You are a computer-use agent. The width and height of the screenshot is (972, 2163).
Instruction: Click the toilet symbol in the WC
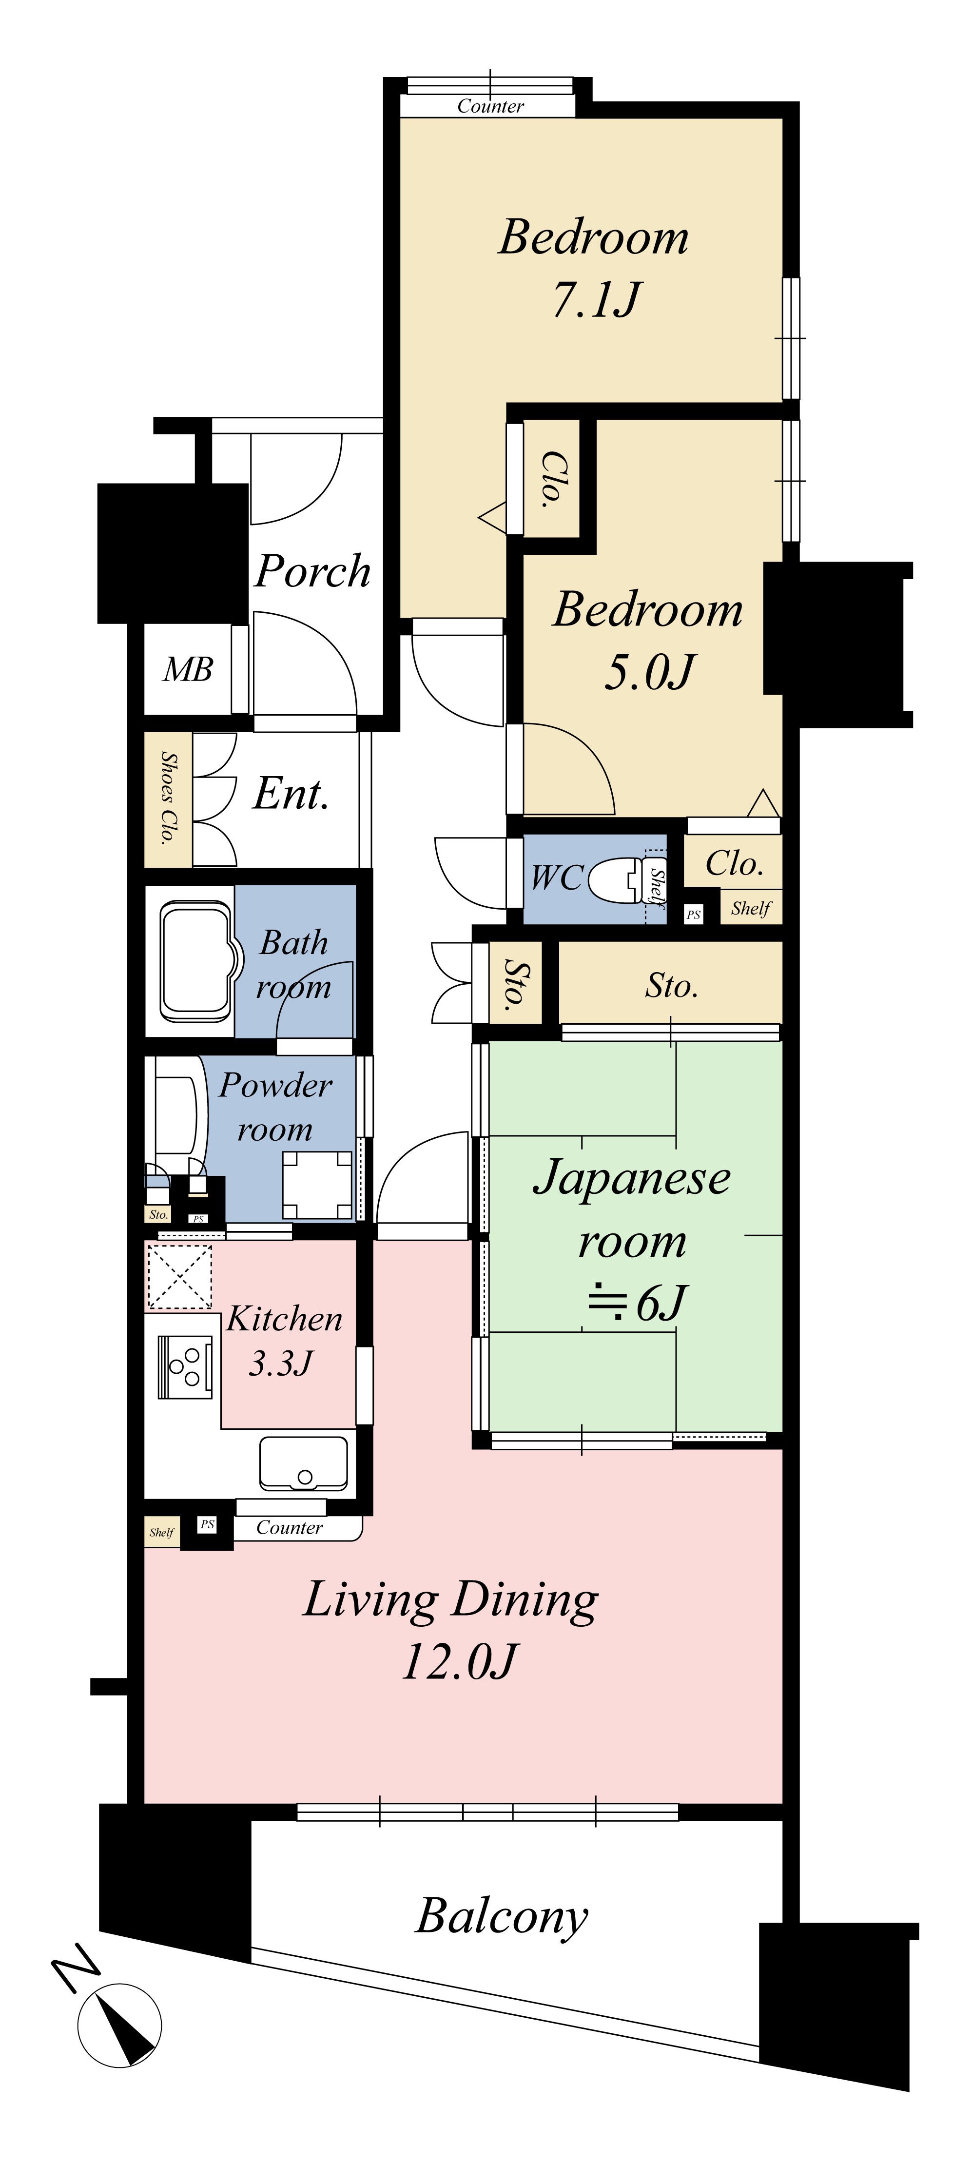coord(625,878)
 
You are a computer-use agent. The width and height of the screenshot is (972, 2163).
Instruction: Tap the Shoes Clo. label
coord(168,798)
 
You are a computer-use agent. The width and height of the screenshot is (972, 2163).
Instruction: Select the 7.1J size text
coord(596,300)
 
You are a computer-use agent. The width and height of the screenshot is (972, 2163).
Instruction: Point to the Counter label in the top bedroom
coord(490,106)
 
